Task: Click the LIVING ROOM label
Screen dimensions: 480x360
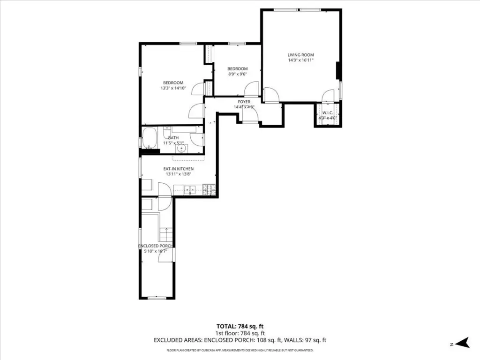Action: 300,55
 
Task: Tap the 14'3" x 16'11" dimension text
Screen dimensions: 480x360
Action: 300,60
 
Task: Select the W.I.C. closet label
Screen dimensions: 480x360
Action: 328,113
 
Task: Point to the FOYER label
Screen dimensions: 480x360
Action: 244,102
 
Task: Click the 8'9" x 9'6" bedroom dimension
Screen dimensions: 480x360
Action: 238,74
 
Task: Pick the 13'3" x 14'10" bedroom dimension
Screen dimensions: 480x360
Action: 173,88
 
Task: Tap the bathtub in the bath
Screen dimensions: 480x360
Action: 150,138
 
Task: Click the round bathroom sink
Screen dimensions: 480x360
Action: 181,149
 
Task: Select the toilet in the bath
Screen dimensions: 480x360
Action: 167,132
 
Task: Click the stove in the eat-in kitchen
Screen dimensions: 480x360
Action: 210,190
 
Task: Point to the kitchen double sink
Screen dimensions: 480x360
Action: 190,190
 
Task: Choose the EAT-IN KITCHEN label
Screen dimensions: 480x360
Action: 179,169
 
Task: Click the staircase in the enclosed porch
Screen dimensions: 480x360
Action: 166,235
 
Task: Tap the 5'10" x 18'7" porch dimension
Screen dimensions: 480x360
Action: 156,251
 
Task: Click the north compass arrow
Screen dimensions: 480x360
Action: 463,343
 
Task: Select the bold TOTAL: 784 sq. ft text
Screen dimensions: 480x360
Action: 240,327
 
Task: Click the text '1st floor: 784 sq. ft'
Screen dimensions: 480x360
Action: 240,333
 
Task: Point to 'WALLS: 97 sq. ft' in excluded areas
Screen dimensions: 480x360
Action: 305,340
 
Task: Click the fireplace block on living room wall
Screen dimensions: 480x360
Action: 338,71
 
